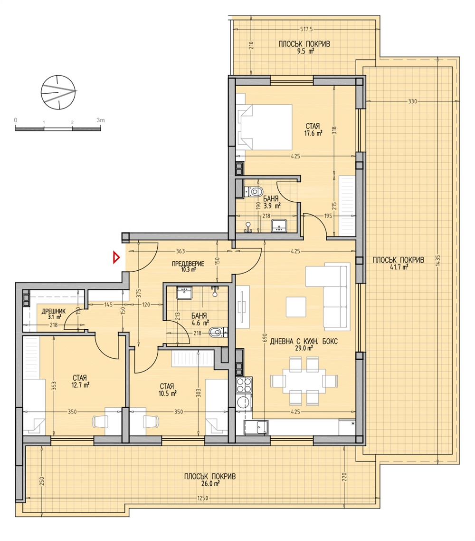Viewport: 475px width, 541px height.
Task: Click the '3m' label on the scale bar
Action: (101, 120)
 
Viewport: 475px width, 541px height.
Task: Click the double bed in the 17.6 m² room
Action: (265, 128)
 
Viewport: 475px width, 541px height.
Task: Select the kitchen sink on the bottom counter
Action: (257, 428)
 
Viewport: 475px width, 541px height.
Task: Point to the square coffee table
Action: (296, 307)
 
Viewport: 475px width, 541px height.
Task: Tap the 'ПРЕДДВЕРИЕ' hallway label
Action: (188, 264)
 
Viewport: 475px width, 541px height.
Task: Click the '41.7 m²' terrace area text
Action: (398, 267)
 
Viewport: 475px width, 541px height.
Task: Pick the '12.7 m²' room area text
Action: (81, 385)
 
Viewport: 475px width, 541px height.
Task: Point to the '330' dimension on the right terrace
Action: (412, 101)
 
